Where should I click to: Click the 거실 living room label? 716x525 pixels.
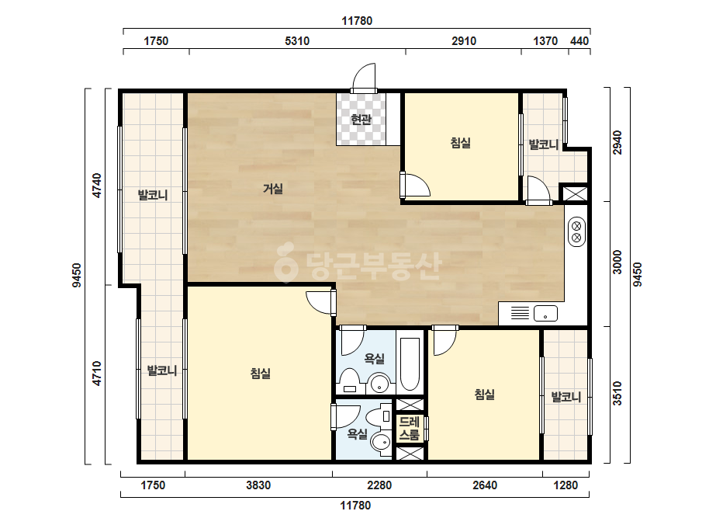pyautogui.click(x=273, y=189)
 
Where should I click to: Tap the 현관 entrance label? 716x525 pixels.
pyautogui.click(x=361, y=120)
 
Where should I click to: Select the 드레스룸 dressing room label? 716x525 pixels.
pyautogui.click(x=409, y=428)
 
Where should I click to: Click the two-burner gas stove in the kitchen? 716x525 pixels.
pyautogui.click(x=576, y=231)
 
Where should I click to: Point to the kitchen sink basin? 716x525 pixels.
pyautogui.click(x=545, y=313)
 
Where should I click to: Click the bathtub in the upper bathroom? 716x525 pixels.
pyautogui.click(x=410, y=364)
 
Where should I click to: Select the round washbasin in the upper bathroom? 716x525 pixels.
pyautogui.click(x=380, y=383)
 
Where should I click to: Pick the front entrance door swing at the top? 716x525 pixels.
pyautogui.click(x=364, y=77)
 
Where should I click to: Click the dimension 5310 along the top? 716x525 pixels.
pyautogui.click(x=297, y=41)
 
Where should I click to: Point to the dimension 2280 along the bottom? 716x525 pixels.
pyautogui.click(x=379, y=485)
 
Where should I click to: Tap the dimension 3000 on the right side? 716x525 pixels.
pyautogui.click(x=617, y=262)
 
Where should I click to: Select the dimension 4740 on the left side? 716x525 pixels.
pyautogui.click(x=97, y=185)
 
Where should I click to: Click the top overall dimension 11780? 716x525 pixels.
pyautogui.click(x=357, y=20)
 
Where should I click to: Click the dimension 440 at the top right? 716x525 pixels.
pyautogui.click(x=579, y=41)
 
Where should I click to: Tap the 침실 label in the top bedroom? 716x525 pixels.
pyautogui.click(x=460, y=143)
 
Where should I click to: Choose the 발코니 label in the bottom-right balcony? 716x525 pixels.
pyautogui.click(x=566, y=397)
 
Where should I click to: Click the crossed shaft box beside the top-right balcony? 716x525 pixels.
pyautogui.click(x=575, y=193)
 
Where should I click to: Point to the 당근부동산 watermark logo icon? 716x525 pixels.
pyautogui.click(x=285, y=262)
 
